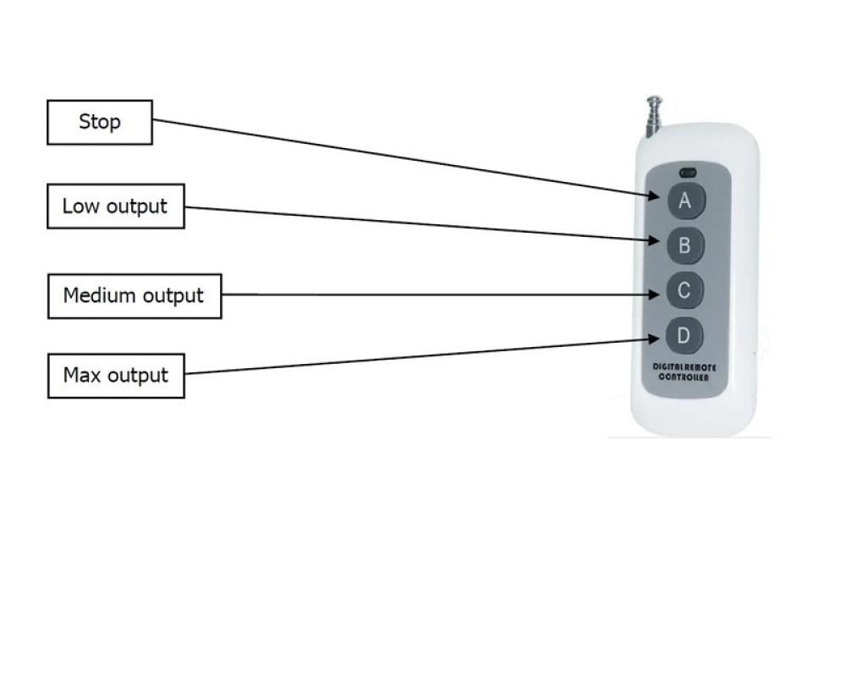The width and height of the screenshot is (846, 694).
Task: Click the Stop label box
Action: (100, 122)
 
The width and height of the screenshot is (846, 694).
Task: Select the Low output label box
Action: (115, 207)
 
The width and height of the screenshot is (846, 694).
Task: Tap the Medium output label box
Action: (135, 296)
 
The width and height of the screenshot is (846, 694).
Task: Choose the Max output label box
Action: (116, 375)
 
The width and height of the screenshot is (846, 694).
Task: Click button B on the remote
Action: (684, 245)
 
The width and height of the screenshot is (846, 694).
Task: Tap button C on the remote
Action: (684, 291)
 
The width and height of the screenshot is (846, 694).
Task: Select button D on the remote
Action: (684, 336)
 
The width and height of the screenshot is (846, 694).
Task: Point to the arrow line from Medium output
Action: (440, 295)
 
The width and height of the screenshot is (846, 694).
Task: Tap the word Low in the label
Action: (78, 207)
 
